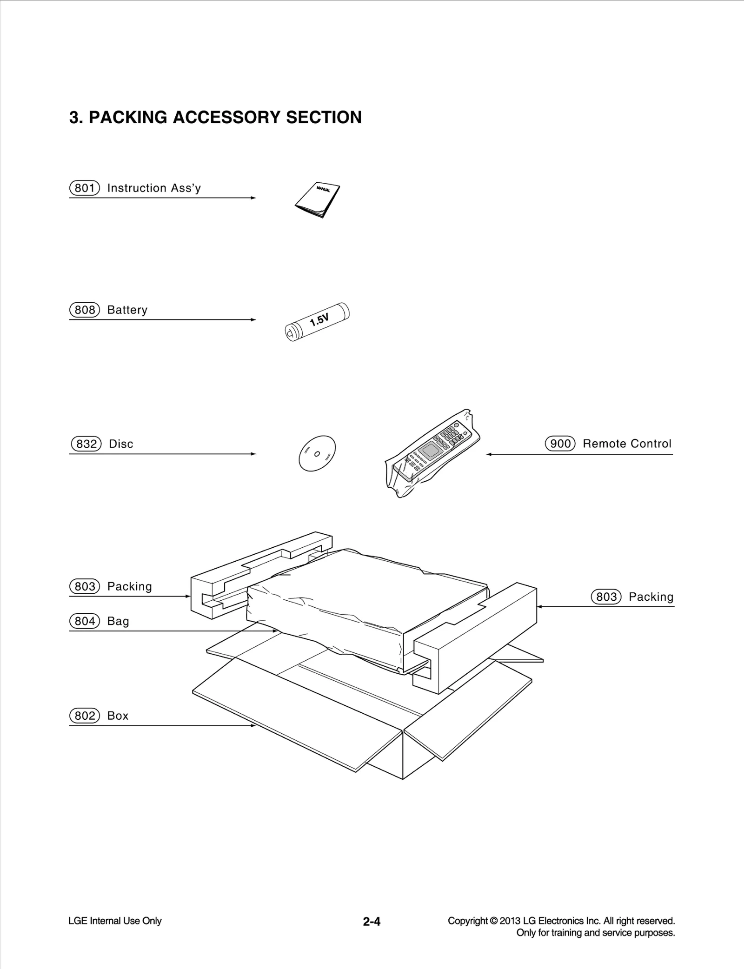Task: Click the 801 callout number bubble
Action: click(x=85, y=188)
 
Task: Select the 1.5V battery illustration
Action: click(x=317, y=321)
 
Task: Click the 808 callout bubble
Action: click(x=85, y=310)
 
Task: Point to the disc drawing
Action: click(x=317, y=453)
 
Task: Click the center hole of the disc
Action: click(x=317, y=454)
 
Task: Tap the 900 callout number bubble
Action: click(x=560, y=444)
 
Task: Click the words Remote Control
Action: click(x=627, y=444)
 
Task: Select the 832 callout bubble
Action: click(x=86, y=444)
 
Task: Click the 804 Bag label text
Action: click(x=118, y=621)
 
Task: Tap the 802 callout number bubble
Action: click(x=85, y=716)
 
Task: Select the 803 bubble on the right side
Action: click(x=606, y=597)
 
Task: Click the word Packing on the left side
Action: click(x=129, y=586)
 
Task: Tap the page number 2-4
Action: click(x=372, y=921)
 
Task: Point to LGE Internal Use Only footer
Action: click(x=115, y=921)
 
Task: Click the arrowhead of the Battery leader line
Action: click(x=254, y=319)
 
